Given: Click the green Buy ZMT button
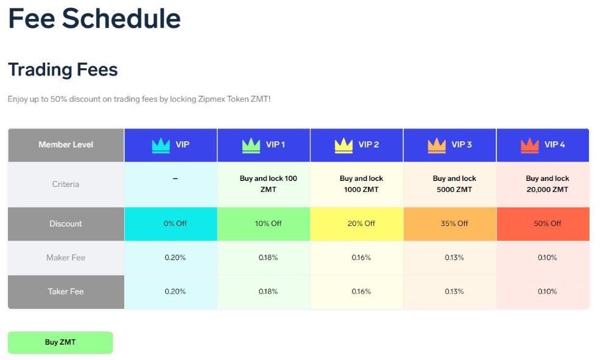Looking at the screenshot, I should [60, 342].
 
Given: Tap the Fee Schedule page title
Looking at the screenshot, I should [94, 18].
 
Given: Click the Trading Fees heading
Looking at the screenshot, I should [63, 69].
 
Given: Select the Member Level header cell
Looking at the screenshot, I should [66, 145].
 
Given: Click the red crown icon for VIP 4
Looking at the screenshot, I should [530, 145].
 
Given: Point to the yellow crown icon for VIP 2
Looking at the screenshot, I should [344, 145].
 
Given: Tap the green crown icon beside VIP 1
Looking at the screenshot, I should [251, 145].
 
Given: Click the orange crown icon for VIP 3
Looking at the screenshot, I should [437, 145].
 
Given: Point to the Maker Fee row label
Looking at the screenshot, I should [66, 258].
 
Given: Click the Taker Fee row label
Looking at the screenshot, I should [66, 292].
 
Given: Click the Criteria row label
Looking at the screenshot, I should [66, 184].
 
